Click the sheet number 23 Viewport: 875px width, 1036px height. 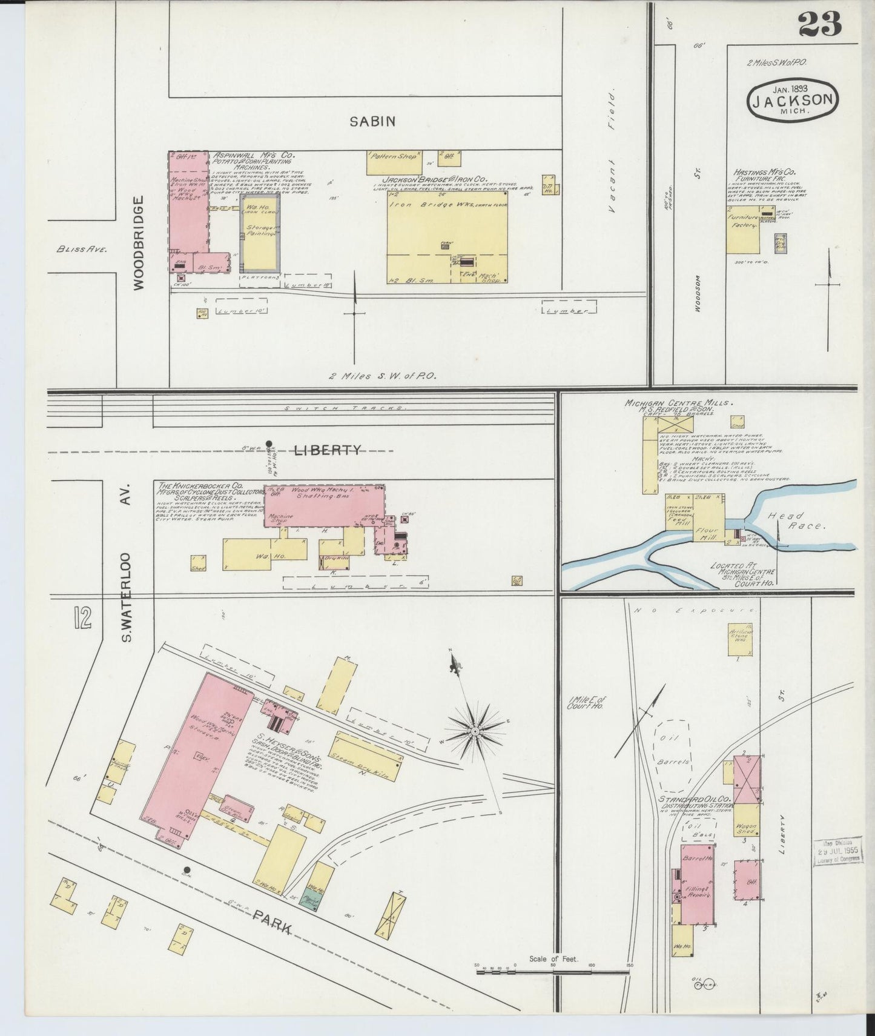click(x=819, y=24)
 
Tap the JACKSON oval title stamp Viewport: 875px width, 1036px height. click(x=793, y=99)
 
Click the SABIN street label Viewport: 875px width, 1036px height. click(x=372, y=121)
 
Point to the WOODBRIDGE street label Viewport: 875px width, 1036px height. click(x=138, y=242)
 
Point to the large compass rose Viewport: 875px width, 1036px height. click(x=476, y=732)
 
